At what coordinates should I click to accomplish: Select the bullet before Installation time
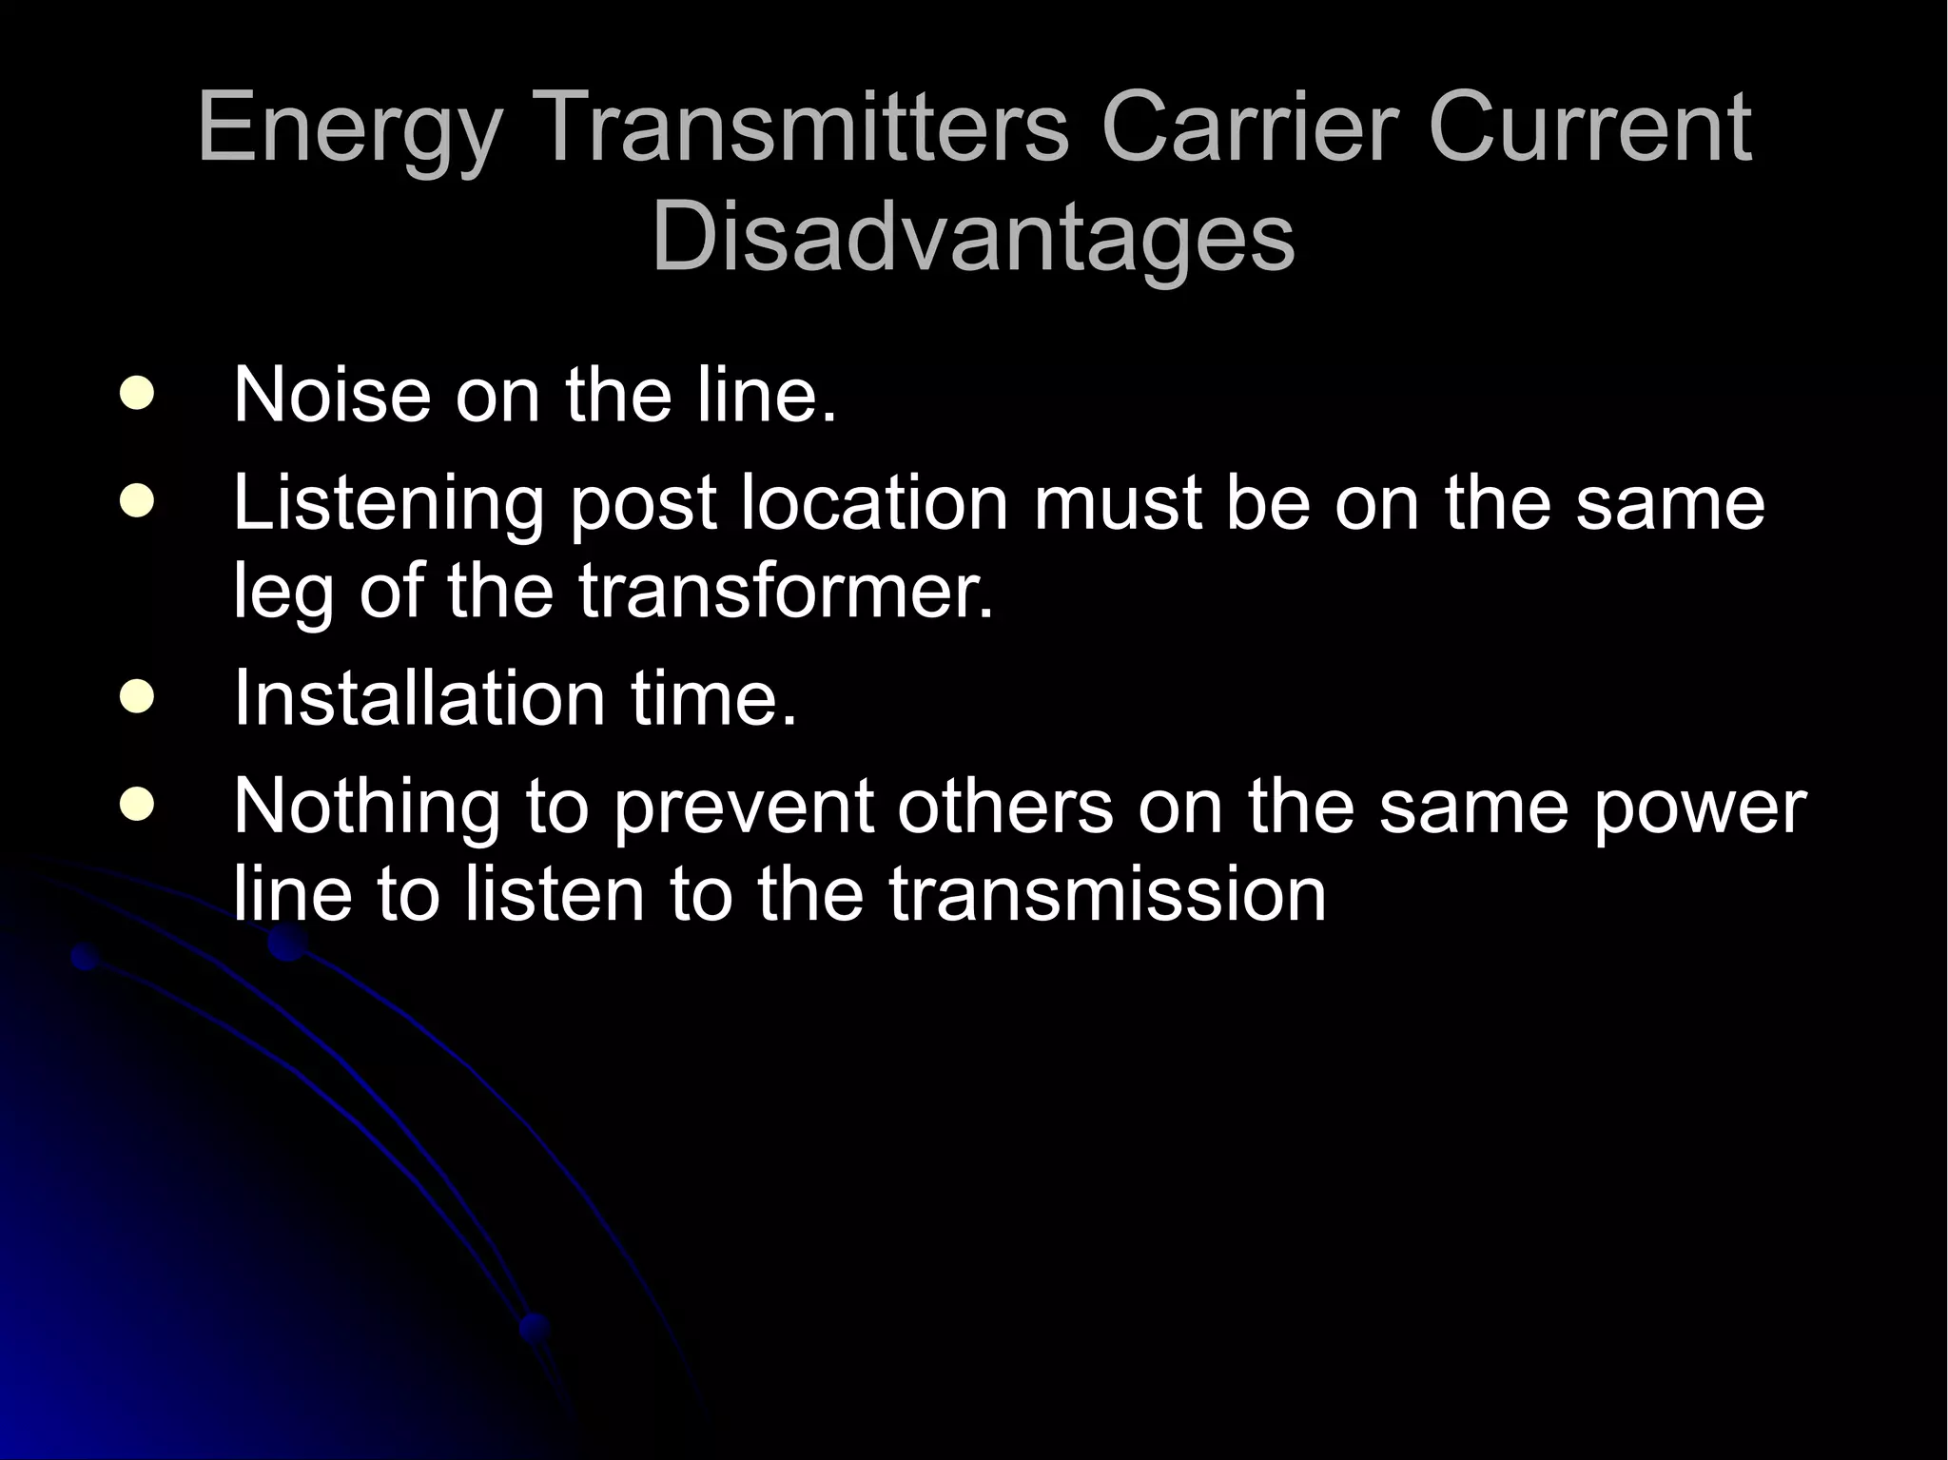pos(138,696)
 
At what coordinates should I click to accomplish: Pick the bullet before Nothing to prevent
pos(138,805)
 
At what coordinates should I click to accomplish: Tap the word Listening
pos(388,504)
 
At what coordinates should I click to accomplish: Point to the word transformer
pos(786,591)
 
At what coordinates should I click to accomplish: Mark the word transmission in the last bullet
pos(1107,894)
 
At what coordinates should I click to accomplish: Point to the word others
pos(1003,806)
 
